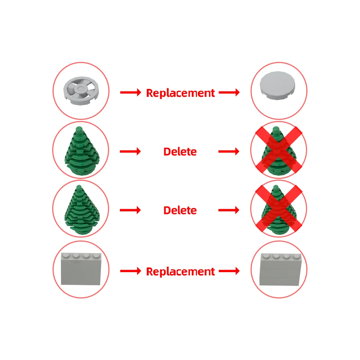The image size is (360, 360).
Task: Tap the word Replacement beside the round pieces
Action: click(x=180, y=93)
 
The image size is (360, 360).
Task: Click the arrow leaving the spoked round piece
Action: click(x=131, y=93)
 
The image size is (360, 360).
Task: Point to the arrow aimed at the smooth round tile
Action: click(x=229, y=93)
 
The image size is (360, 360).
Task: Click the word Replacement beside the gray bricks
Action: click(x=180, y=271)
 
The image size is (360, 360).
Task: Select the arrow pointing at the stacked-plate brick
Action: click(x=229, y=271)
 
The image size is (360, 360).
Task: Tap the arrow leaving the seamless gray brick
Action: click(x=131, y=271)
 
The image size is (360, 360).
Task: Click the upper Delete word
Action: click(x=180, y=152)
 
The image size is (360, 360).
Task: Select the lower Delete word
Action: click(x=180, y=210)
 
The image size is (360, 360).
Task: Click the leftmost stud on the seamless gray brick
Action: click(x=66, y=256)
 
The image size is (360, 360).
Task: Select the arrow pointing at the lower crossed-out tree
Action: click(x=229, y=210)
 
